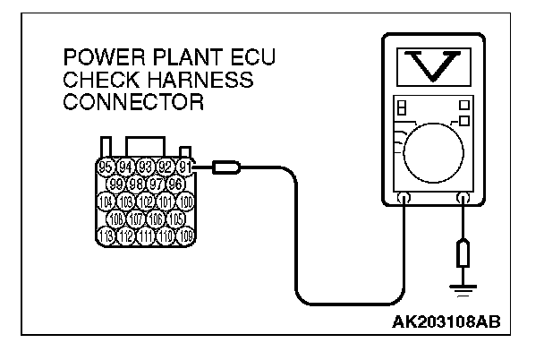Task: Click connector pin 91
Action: [x=185, y=166]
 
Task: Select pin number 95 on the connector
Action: [x=106, y=166]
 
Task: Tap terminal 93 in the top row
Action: [x=145, y=166]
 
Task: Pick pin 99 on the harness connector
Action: [x=115, y=184]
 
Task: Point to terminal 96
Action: [x=174, y=184]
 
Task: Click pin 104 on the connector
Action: [x=106, y=201]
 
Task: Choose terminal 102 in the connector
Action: [x=145, y=201]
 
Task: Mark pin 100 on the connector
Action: [x=185, y=201]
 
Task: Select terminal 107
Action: [x=135, y=219]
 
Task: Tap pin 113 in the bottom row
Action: [x=106, y=236]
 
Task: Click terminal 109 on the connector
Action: [x=185, y=236]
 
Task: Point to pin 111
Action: [x=145, y=236]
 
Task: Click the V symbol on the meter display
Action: [x=433, y=65]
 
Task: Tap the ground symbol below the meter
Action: [x=462, y=288]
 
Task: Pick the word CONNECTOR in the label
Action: [x=134, y=102]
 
